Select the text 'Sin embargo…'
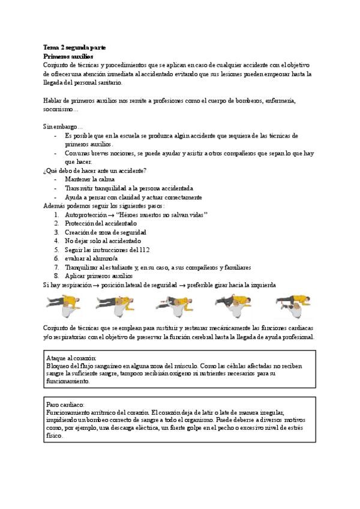[x=63, y=127]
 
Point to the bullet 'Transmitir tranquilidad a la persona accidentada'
[x=129, y=188]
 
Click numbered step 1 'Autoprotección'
[x=88, y=214]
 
